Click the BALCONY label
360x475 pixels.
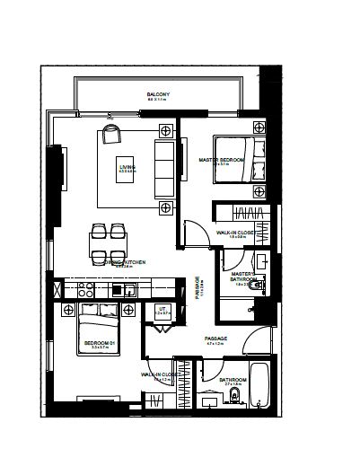[158, 94]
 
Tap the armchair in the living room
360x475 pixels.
[110, 135]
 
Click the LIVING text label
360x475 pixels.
[127, 167]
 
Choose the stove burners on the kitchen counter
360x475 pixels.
[85, 290]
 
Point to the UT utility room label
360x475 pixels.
[163, 310]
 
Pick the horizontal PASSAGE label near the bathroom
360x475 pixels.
[216, 339]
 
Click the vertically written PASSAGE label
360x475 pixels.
[199, 286]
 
